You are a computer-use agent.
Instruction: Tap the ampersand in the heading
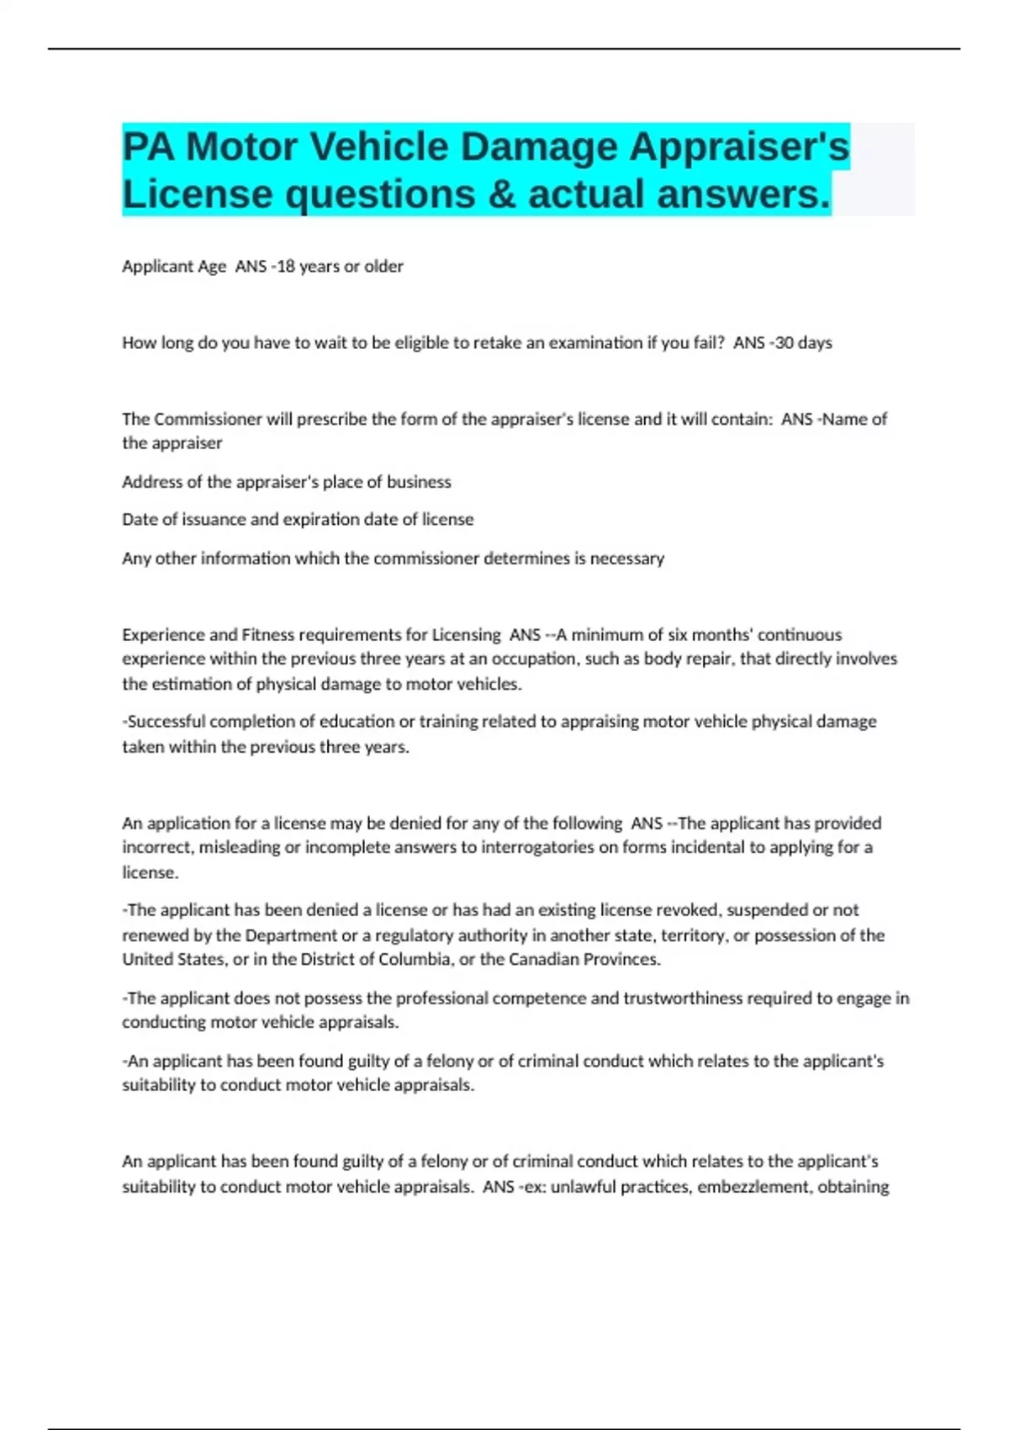click(500, 194)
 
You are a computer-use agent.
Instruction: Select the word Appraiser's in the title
click(739, 147)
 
